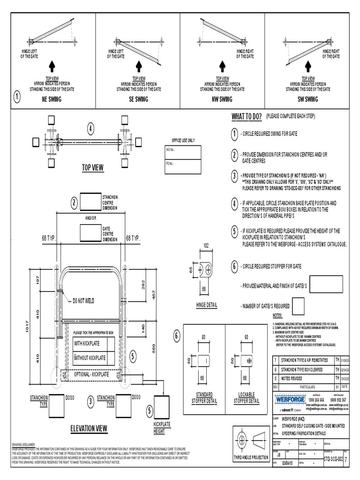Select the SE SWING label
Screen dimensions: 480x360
pyautogui.click(x=139, y=99)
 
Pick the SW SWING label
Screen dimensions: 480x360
pyautogui.click(x=308, y=99)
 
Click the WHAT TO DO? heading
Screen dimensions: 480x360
pyautogui.click(x=246, y=116)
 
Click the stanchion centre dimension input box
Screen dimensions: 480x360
pyautogui.click(x=90, y=202)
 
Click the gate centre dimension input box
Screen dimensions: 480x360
pyautogui.click(x=90, y=232)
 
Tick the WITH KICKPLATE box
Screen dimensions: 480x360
pyautogui.click(x=111, y=344)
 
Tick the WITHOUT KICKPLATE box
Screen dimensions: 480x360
pyautogui.click(x=111, y=358)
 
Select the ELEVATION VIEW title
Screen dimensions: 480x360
pyautogui.click(x=89, y=428)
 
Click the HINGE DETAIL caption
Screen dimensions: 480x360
pyautogui.click(x=207, y=305)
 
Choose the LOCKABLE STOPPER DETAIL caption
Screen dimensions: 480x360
pyautogui.click(x=248, y=398)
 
